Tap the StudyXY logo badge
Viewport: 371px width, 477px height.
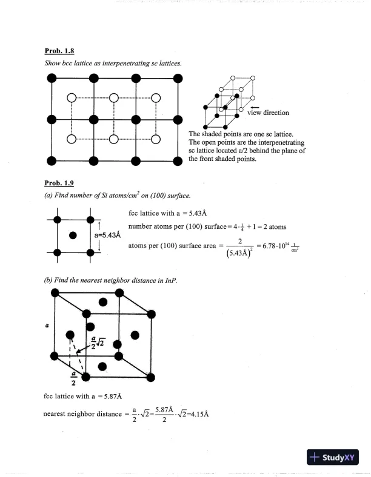(x=333, y=458)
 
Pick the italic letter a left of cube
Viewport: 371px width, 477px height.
(x=47, y=324)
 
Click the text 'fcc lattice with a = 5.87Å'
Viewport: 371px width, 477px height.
(x=83, y=396)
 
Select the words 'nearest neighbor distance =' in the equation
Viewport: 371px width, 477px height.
(x=82, y=415)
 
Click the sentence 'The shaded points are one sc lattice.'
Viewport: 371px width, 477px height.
(x=241, y=134)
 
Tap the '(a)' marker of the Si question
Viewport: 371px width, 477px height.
(x=48, y=195)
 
